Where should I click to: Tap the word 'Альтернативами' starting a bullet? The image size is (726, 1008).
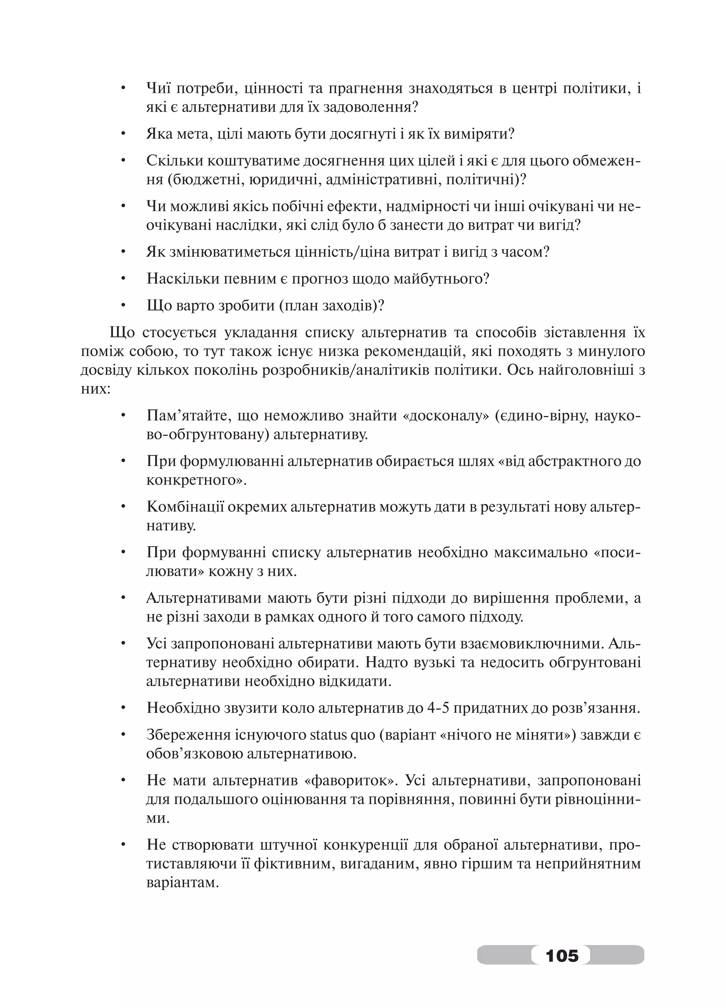click(x=203, y=598)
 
